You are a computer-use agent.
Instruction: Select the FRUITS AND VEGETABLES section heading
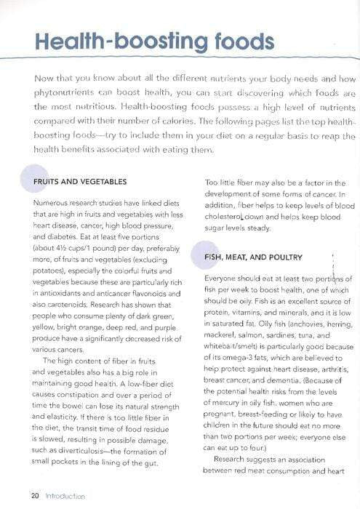pyautogui.click(x=80, y=181)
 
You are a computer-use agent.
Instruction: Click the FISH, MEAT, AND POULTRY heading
pyautogui.click(x=253, y=257)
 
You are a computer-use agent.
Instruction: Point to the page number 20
pyautogui.click(x=33, y=496)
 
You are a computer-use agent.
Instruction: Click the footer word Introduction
pyautogui.click(x=65, y=496)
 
